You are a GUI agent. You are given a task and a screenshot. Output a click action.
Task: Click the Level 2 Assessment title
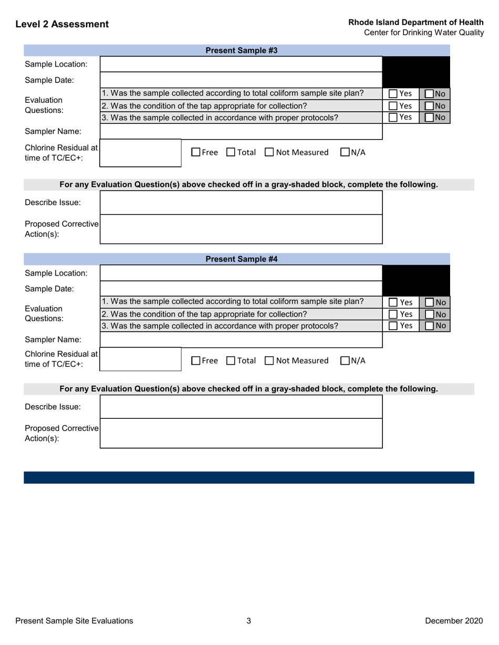click(62, 24)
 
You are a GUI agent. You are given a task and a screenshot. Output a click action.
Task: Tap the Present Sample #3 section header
click(241, 51)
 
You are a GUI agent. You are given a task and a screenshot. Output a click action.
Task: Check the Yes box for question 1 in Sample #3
click(393, 94)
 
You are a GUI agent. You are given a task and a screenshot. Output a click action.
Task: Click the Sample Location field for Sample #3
click(241, 65)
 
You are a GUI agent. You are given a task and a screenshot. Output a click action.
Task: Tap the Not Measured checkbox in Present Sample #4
click(269, 360)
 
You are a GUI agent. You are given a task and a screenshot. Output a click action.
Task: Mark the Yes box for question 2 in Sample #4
click(393, 314)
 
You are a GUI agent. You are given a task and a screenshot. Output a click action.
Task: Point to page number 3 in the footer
click(249, 621)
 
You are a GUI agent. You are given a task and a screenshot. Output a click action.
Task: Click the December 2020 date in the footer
click(453, 621)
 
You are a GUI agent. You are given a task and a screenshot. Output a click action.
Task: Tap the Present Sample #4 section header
click(241, 259)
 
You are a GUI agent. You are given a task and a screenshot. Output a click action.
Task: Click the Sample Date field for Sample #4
click(241, 288)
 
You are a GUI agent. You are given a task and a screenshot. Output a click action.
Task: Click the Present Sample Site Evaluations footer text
click(74, 621)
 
